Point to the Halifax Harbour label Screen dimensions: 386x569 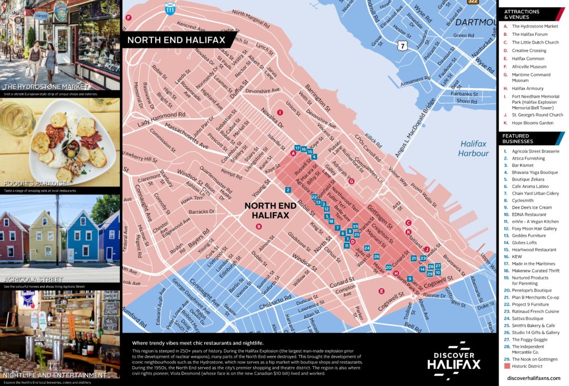point(474,149)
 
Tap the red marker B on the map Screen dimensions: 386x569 point(258,226)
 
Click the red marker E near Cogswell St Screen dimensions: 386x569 point(381,291)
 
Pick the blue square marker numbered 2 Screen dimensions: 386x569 point(288,190)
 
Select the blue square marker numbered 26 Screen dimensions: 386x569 point(377,256)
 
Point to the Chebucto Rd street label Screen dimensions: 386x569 point(285,301)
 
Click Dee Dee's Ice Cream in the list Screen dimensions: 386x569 point(531,207)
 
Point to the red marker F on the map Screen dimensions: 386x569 point(128,18)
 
